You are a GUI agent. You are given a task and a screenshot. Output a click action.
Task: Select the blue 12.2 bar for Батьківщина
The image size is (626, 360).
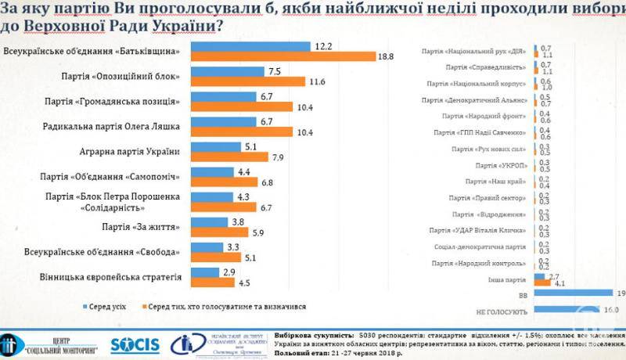tap(250, 46)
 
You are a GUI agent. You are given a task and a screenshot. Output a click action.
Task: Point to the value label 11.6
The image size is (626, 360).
tap(316, 82)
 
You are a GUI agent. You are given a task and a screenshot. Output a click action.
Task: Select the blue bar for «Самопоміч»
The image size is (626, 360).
tap(212, 171)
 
